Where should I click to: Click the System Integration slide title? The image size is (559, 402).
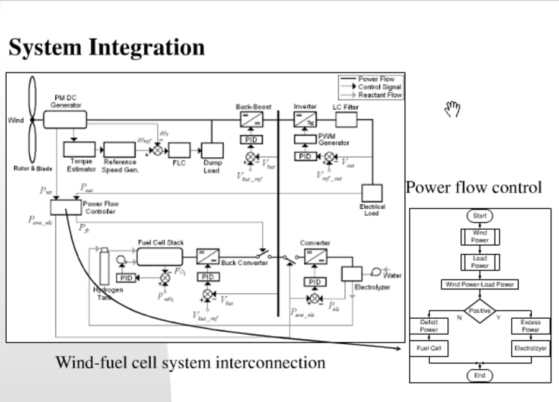(x=106, y=48)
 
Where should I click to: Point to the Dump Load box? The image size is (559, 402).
(x=212, y=150)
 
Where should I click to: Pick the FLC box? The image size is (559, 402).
(x=179, y=150)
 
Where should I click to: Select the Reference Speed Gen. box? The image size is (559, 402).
(x=120, y=149)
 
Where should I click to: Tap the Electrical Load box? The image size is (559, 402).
(x=371, y=193)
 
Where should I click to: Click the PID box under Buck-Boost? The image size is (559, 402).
(x=252, y=140)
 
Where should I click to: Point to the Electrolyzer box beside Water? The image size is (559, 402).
(x=351, y=274)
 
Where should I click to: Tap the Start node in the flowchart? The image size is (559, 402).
(x=479, y=216)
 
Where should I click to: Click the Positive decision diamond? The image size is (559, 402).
(x=479, y=310)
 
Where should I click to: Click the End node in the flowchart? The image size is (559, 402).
(x=479, y=375)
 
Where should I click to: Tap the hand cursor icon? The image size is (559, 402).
(x=453, y=109)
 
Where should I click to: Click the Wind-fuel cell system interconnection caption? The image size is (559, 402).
(x=190, y=362)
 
